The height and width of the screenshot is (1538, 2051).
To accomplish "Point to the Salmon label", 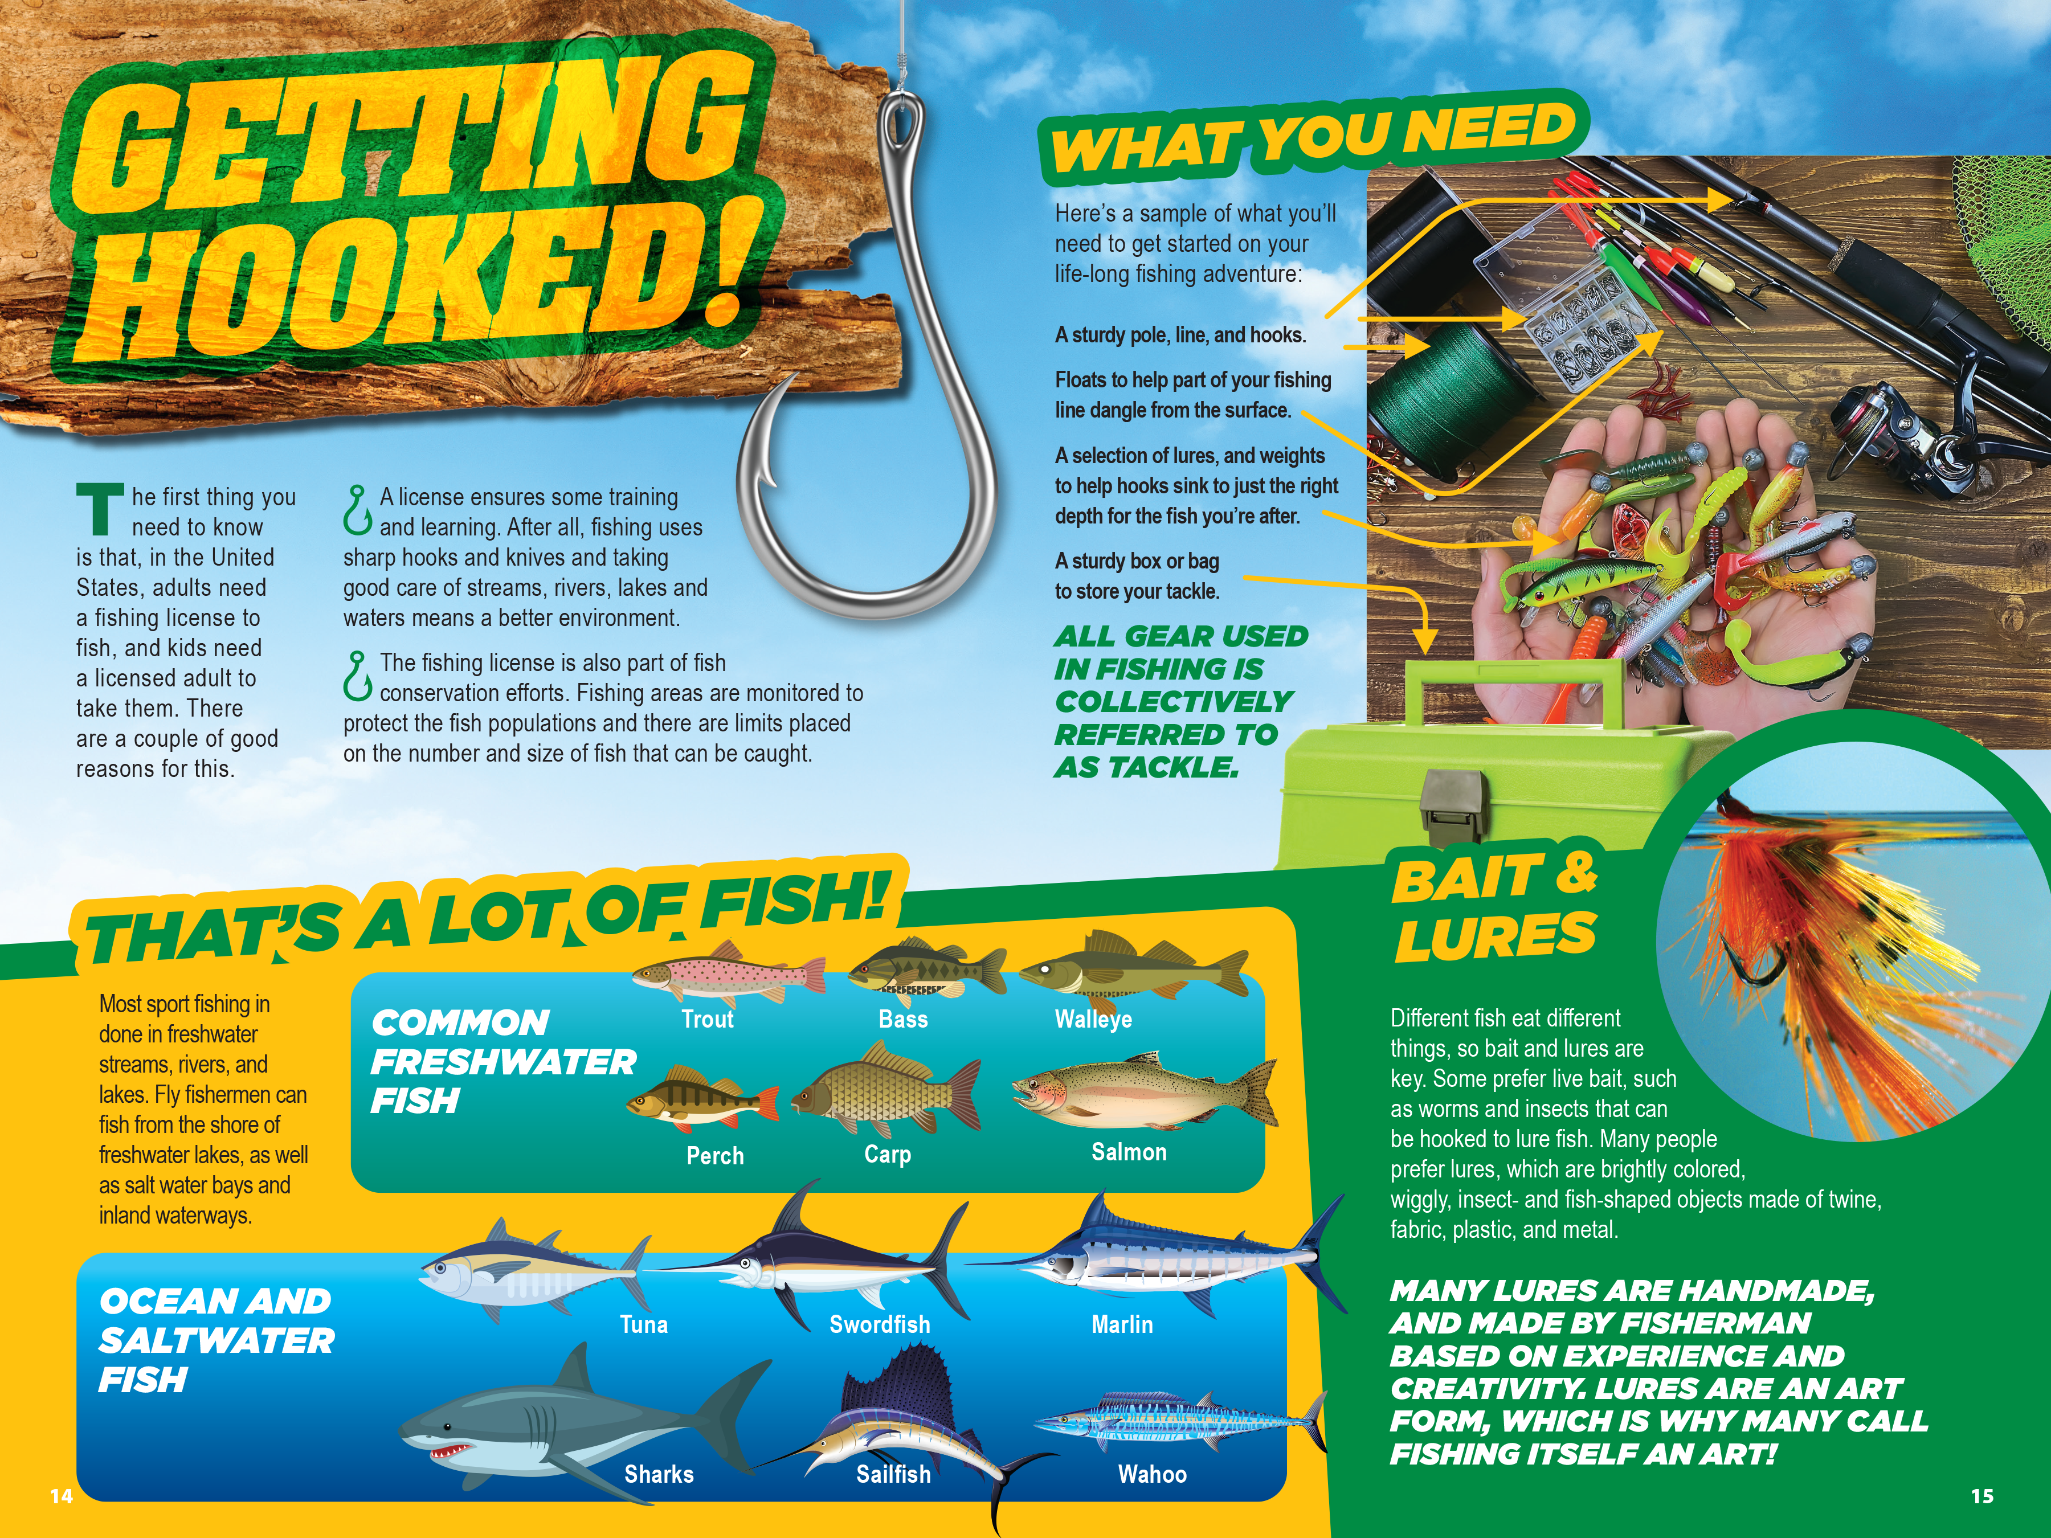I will coord(1129,1152).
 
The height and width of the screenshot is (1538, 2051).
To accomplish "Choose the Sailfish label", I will coord(893,1474).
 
